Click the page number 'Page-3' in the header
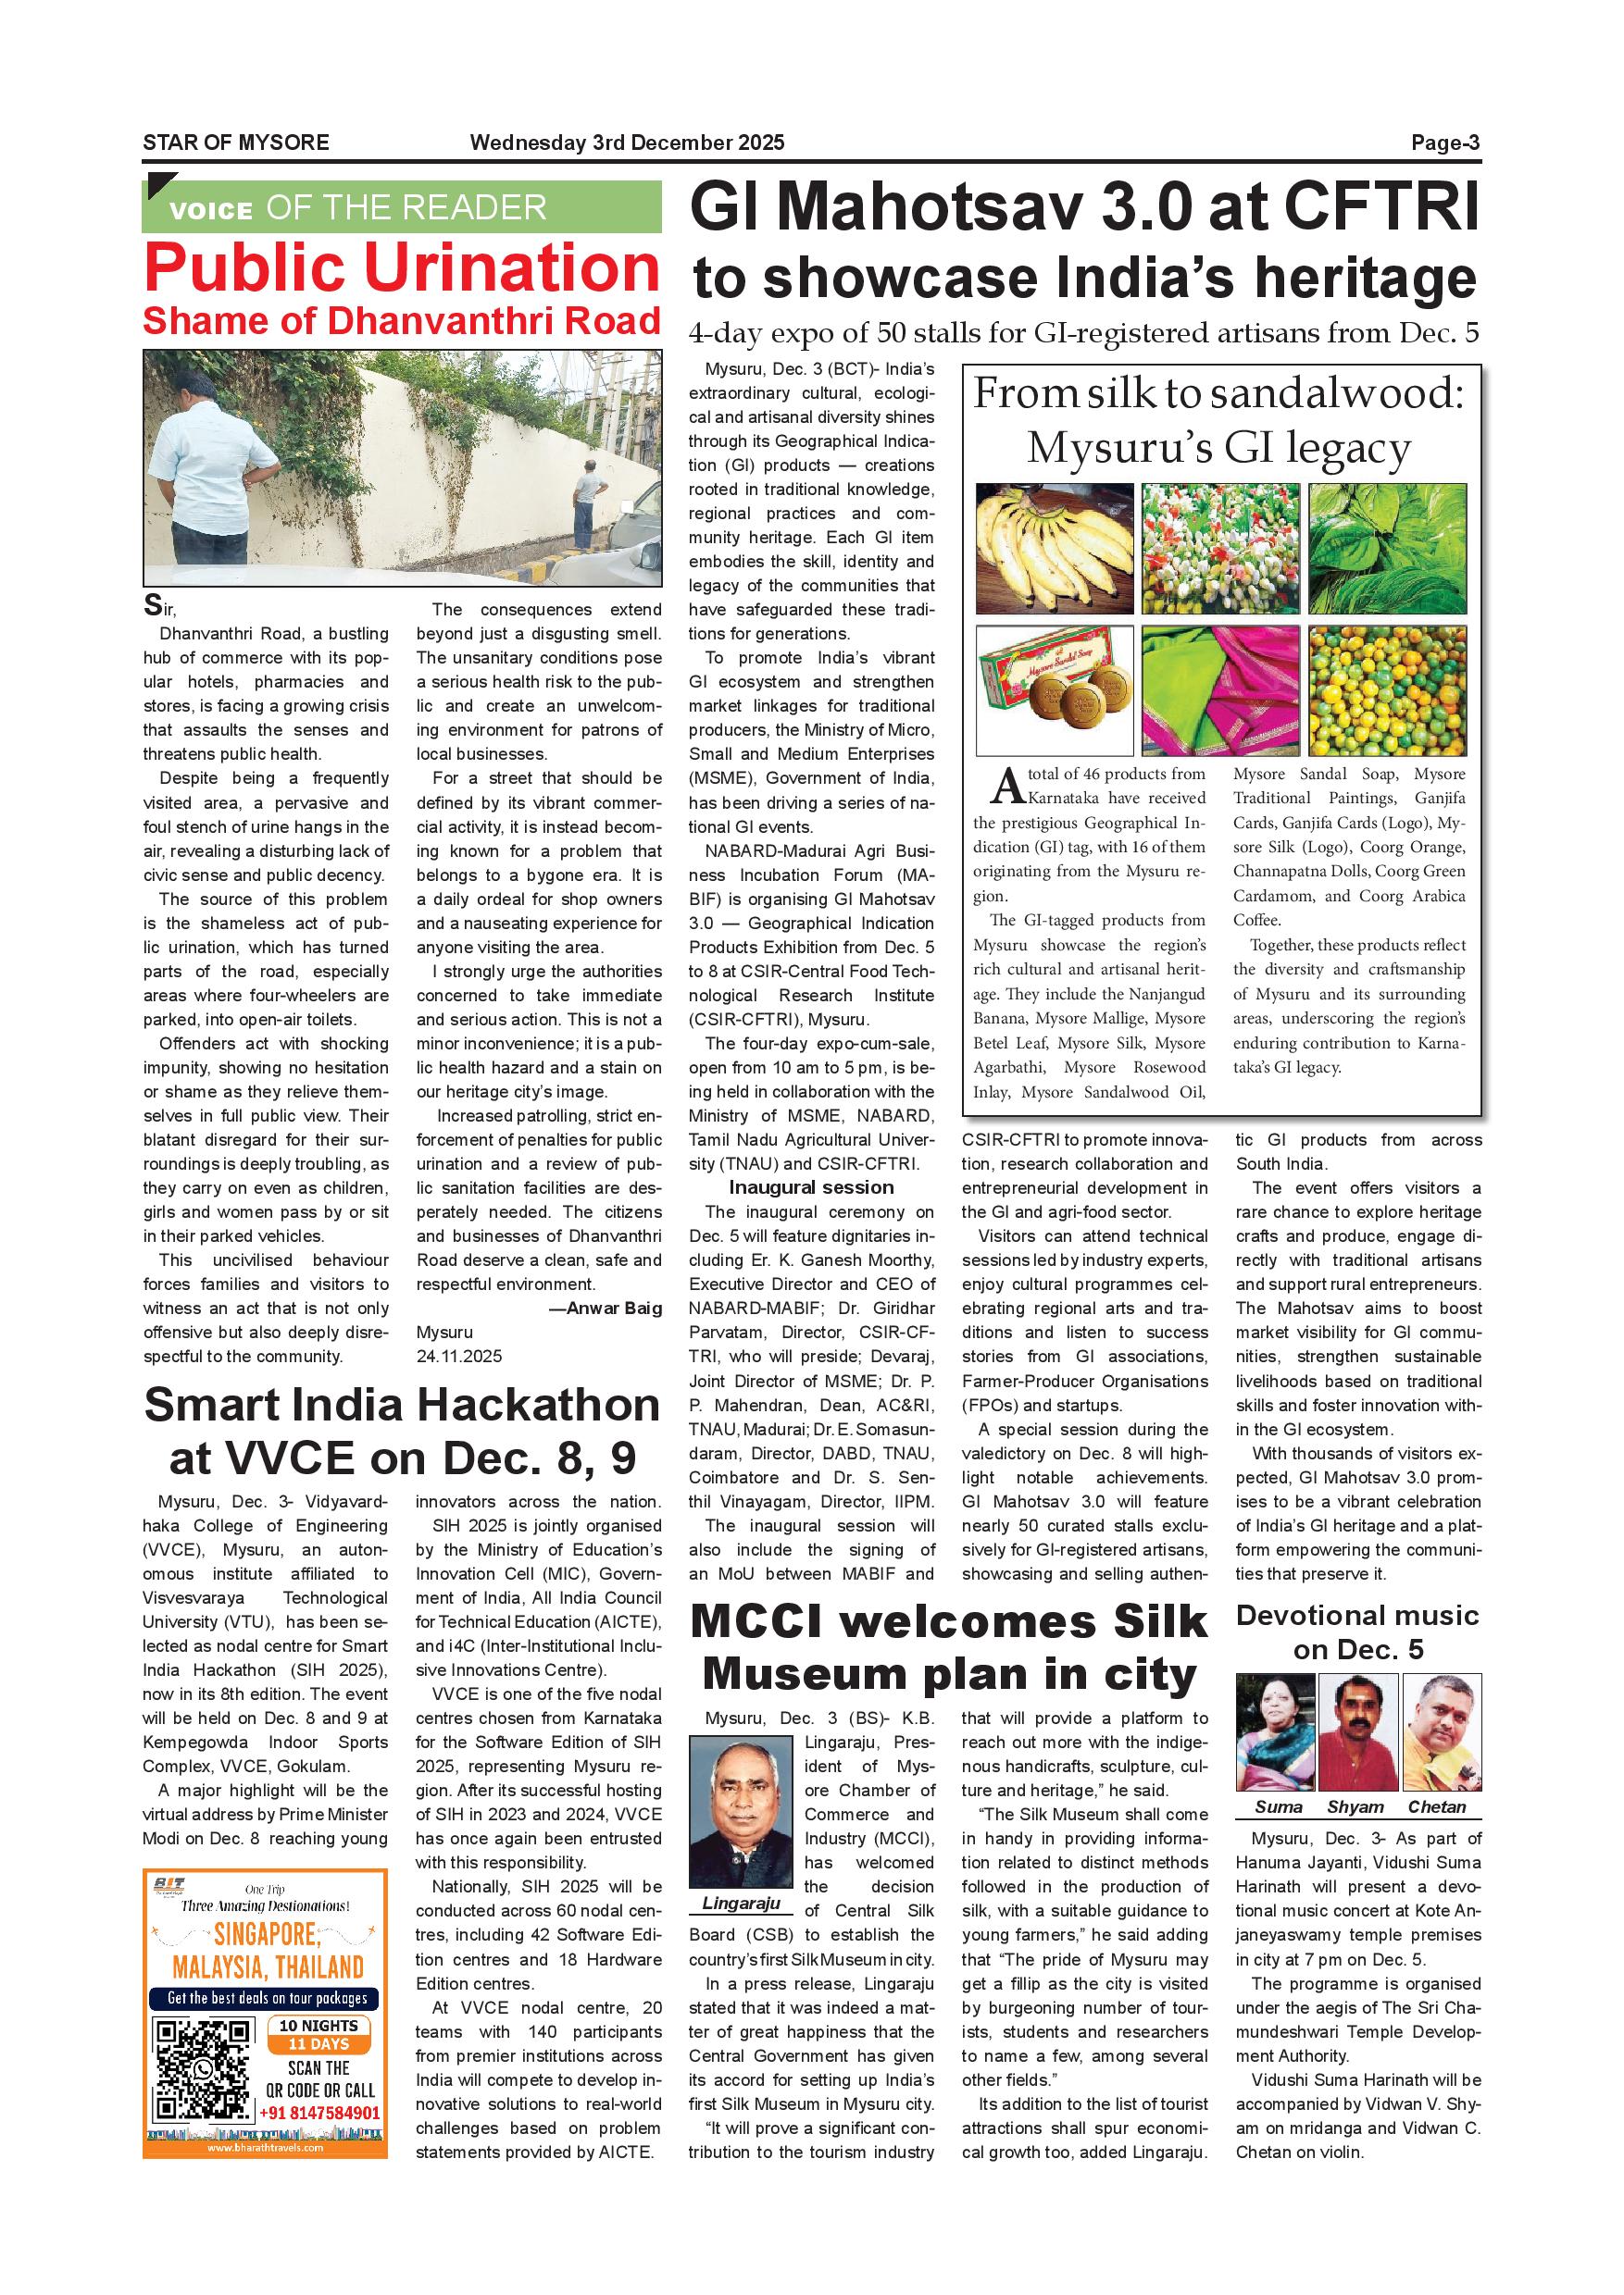click(1445, 143)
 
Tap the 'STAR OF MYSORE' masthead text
click(236, 143)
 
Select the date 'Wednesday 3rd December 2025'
click(627, 143)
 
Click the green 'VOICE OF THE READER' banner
click(402, 207)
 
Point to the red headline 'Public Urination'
click(402, 267)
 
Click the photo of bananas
click(1054, 549)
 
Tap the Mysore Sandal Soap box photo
click(1054, 689)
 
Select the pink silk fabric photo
click(1221, 689)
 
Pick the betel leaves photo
click(1387, 549)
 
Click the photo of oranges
click(1387, 689)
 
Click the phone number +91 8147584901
click(320, 2113)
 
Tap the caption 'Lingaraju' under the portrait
click(741, 1904)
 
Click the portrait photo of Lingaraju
click(741, 1812)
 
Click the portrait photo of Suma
click(1275, 1732)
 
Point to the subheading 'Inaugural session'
click(811, 1187)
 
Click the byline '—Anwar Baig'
click(605, 1309)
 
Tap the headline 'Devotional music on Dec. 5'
click(1357, 1632)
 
